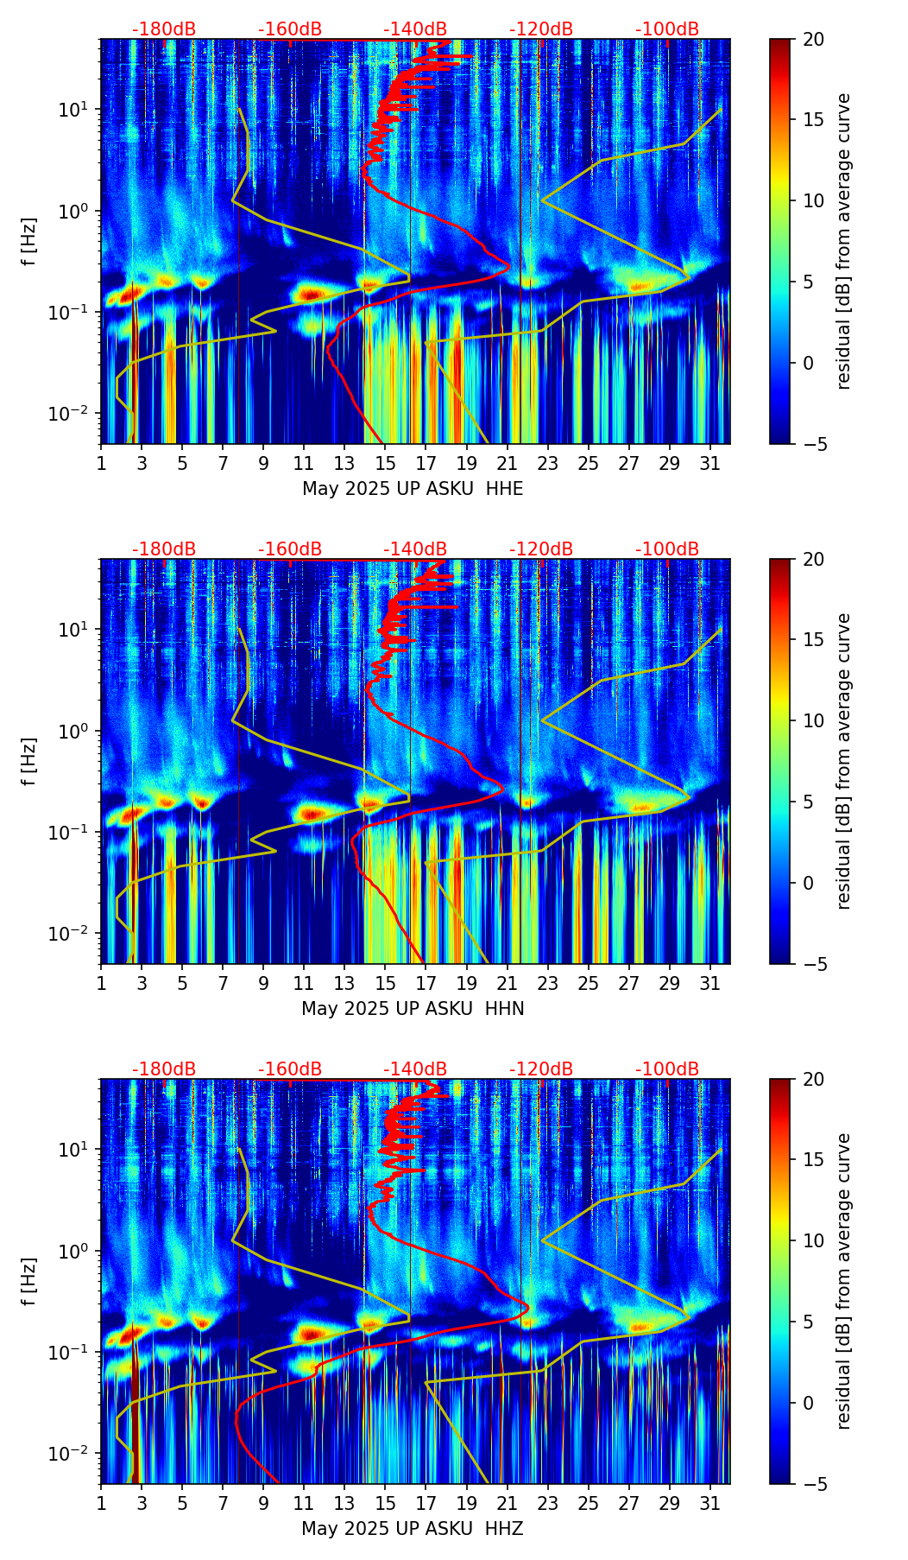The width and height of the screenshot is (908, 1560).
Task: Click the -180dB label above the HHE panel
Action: [164, 29]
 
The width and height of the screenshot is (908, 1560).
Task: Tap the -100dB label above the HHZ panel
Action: [667, 1069]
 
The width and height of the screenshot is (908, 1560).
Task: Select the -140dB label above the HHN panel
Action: [415, 549]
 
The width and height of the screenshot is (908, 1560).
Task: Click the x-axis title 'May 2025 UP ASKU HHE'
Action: [413, 489]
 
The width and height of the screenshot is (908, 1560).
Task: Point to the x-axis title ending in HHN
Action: [413, 1009]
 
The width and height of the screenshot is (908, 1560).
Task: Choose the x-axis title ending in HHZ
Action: [413, 1529]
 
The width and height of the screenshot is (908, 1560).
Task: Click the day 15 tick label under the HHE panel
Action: [385, 463]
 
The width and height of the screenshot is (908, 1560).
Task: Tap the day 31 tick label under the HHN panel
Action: [710, 983]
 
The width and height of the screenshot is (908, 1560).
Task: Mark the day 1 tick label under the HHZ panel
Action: [101, 1503]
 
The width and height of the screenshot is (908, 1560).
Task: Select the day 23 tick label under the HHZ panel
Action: [548, 1503]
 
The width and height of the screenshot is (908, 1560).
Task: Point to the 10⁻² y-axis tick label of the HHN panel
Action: [74, 935]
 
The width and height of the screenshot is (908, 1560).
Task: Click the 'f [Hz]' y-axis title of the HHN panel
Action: [30, 761]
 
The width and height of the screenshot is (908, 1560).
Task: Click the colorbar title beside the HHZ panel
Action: [843, 1281]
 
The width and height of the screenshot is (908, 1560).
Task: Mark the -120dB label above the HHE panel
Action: [541, 29]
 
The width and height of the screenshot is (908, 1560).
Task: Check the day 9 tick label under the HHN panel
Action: [263, 983]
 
